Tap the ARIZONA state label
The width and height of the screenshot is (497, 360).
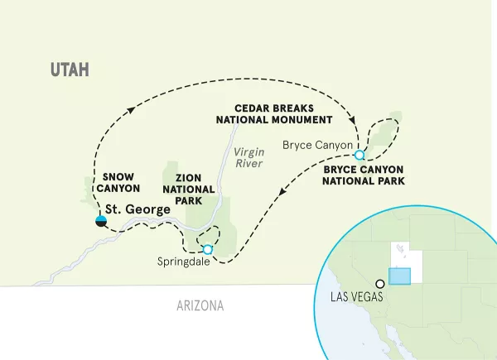tap(200, 306)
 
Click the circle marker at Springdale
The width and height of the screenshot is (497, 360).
tap(207, 249)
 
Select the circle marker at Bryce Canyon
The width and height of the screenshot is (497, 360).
tap(359, 155)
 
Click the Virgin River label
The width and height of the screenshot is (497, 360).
tap(248, 157)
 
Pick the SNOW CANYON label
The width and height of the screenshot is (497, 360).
tap(122, 183)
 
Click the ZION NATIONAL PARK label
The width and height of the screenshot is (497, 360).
tap(194, 188)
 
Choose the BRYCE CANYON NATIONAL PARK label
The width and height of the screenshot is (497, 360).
tap(364, 174)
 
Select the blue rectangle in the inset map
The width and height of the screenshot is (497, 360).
tap(400, 276)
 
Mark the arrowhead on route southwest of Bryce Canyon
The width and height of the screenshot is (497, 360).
tap(283, 195)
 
